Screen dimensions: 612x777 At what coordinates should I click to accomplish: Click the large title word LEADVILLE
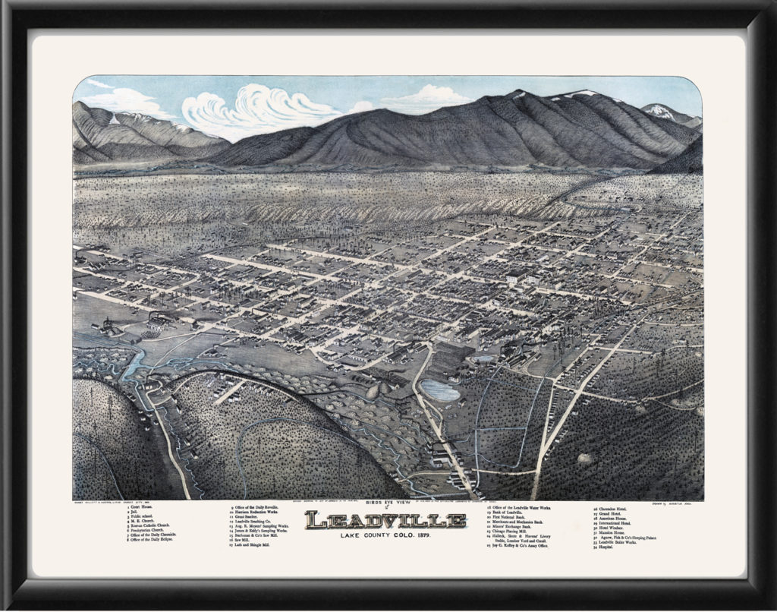pyautogui.click(x=385, y=521)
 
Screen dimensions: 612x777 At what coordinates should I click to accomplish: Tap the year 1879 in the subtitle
pyautogui.click(x=435, y=537)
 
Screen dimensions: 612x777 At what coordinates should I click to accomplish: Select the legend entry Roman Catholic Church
pyautogui.click(x=153, y=525)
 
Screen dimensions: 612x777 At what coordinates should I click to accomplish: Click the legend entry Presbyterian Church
pyautogui.click(x=149, y=530)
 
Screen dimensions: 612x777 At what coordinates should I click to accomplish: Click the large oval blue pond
pyautogui.click(x=440, y=390)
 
